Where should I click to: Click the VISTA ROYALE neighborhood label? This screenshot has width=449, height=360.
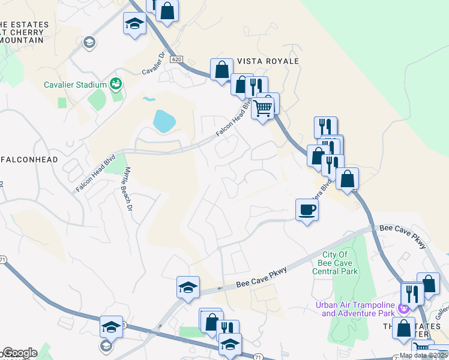point(268,61)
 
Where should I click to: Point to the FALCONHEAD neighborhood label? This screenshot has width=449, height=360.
point(30,160)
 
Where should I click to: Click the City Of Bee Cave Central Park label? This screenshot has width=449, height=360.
point(336,263)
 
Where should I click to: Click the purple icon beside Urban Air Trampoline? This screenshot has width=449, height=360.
point(403,308)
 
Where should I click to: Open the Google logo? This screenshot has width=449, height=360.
point(19,353)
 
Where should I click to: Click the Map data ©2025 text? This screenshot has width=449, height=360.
point(424,355)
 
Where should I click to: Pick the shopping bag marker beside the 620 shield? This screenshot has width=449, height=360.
point(222,70)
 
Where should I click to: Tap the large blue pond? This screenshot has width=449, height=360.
point(164,121)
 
